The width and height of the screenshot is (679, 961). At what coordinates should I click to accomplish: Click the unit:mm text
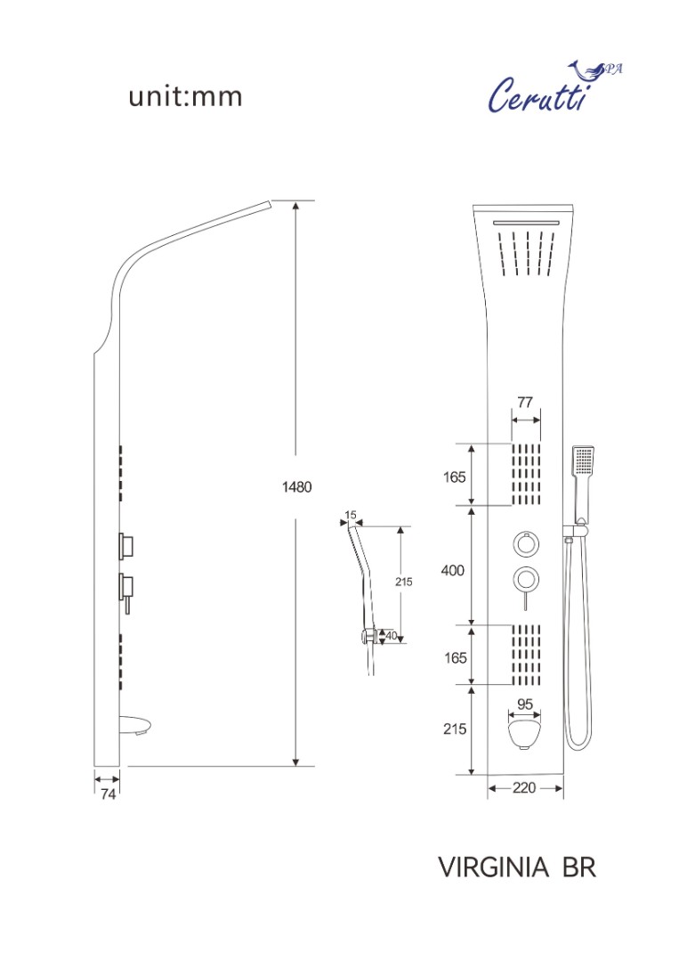185,96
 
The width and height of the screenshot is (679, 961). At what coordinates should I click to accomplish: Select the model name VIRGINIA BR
516,867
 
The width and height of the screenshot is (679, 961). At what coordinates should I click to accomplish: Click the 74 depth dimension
108,794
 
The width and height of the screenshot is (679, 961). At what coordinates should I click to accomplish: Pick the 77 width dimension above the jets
525,403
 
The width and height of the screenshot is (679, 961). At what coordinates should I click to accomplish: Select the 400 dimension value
453,570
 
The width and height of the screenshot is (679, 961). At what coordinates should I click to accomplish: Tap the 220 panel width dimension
524,788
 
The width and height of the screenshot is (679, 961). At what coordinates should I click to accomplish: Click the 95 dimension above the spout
524,704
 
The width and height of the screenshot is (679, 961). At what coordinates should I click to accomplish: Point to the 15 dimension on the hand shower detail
350,515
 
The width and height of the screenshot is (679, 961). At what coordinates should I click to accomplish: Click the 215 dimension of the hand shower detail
404,582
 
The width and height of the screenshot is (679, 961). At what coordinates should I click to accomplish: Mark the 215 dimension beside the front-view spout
453,729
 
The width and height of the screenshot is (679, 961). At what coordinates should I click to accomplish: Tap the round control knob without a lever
525,543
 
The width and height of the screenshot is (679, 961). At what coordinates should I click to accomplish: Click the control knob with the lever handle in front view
525,580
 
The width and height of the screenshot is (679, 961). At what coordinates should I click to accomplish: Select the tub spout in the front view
524,736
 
